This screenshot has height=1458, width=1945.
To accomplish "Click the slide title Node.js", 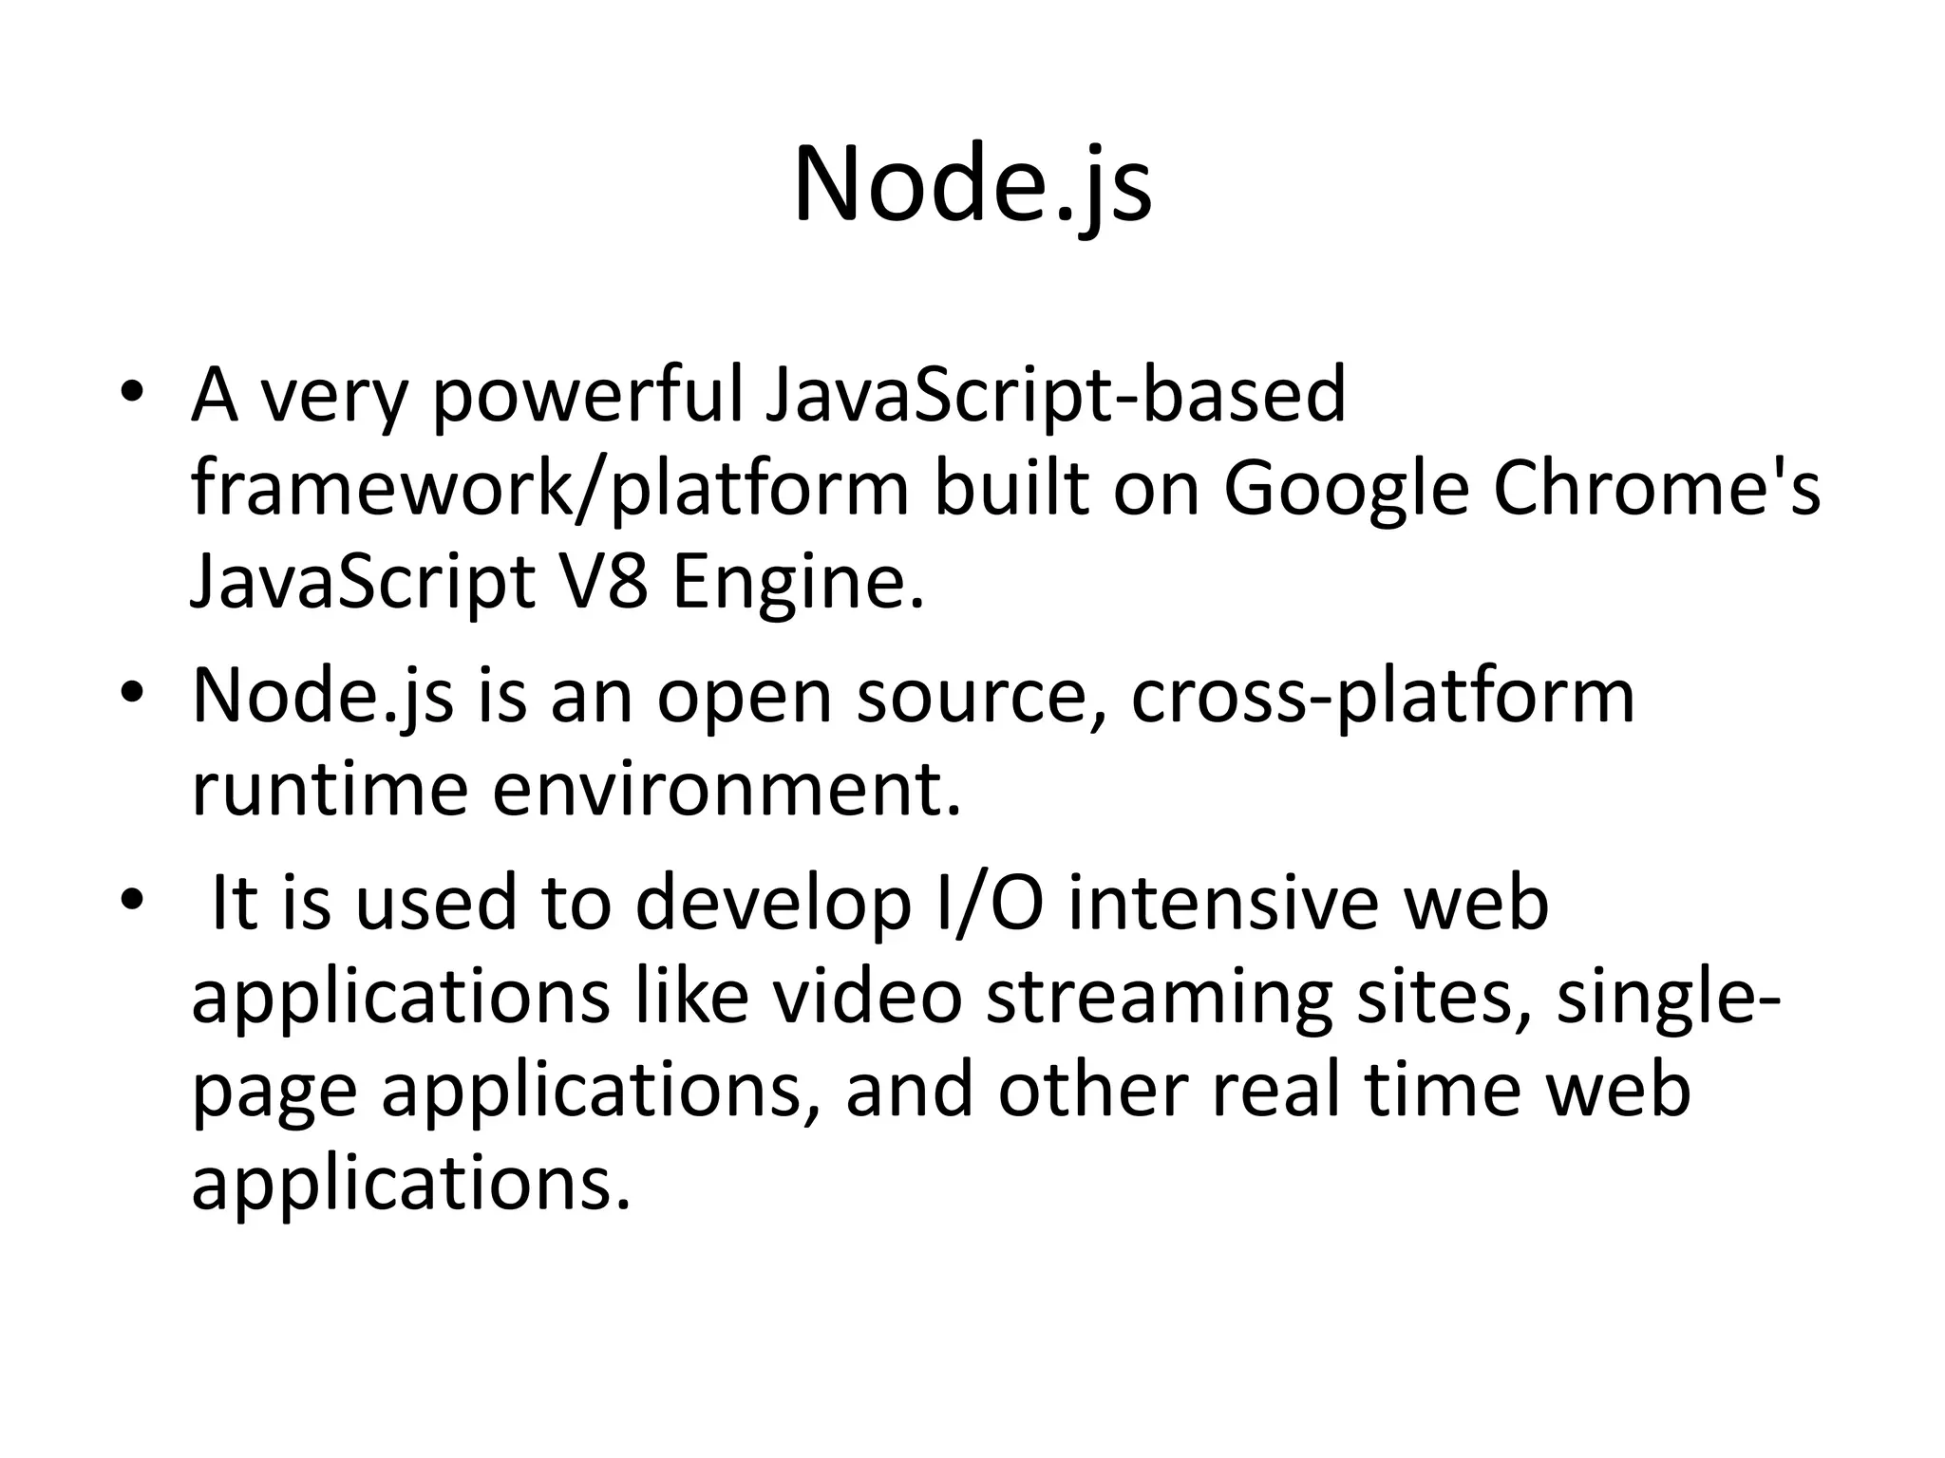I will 972,185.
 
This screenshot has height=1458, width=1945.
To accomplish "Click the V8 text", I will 598,582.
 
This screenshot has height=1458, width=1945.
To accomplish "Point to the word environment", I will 727,790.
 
